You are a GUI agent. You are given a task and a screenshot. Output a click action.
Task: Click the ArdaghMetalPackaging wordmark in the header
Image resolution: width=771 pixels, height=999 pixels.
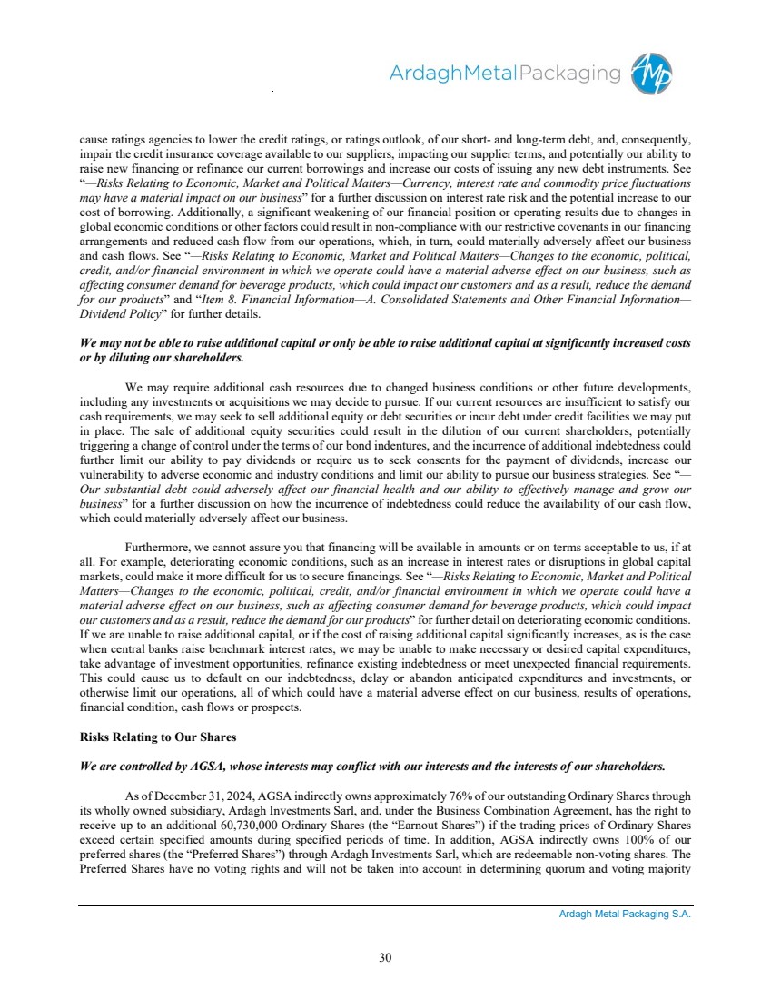click(505, 74)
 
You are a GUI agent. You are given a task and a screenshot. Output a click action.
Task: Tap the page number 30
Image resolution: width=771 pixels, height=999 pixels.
click(385, 956)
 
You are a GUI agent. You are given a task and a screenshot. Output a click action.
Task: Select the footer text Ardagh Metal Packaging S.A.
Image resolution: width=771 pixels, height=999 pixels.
click(625, 915)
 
